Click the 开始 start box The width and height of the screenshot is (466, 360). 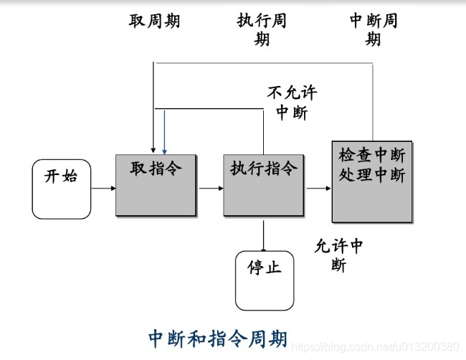pos(62,189)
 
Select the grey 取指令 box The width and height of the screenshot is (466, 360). pos(156,184)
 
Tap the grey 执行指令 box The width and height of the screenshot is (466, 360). pos(263,184)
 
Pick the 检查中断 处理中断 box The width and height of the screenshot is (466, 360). pos(372,181)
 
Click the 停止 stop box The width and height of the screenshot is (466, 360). pos(265,280)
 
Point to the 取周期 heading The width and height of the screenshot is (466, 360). pos(154,21)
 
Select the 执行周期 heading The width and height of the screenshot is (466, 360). pos(262,29)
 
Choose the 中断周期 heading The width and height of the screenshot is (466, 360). pos(373,29)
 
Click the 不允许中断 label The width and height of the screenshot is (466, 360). pos(292,103)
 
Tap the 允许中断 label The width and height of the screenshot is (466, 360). pos(339,255)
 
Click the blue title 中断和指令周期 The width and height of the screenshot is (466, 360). pos(218,338)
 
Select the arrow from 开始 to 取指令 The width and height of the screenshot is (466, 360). pos(103,189)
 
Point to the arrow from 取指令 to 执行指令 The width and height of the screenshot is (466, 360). pos(210,189)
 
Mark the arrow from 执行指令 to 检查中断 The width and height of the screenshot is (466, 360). pos(318,189)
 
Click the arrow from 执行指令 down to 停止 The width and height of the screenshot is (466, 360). pos(264,235)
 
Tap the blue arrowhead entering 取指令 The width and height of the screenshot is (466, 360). pos(164,149)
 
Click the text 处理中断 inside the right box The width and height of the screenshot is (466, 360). pos(372,174)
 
